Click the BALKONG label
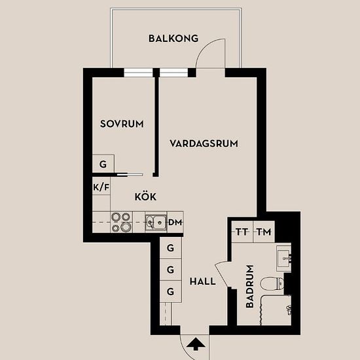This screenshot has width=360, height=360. [173, 39]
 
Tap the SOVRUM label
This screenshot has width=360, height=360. [122, 124]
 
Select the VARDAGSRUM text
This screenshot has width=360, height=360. [204, 144]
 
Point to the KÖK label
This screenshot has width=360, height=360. [145, 196]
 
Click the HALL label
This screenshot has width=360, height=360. [203, 281]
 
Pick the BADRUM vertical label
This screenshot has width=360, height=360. [250, 286]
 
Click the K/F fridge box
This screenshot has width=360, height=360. [101, 187]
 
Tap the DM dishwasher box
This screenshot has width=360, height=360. [175, 222]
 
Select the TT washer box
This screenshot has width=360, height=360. [242, 232]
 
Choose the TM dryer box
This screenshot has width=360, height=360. [264, 232]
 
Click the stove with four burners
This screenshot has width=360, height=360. [122, 222]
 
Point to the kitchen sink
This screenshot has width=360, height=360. [156, 223]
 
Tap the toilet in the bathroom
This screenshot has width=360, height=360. [272, 283]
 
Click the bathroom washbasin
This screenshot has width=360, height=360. [284, 259]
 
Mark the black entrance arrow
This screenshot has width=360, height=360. [196, 344]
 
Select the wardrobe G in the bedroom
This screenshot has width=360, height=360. [103, 164]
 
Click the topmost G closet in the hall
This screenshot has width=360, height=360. [171, 247]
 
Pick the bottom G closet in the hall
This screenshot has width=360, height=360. [171, 291]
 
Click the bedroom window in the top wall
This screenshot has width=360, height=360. [139, 73]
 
